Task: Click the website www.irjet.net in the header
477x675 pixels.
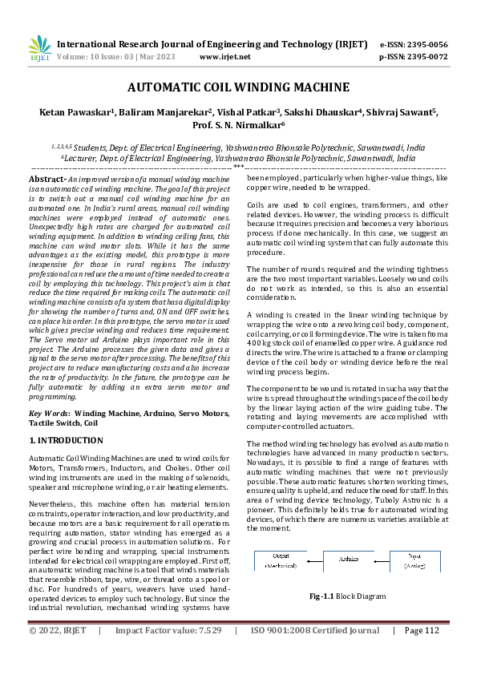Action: (x=224, y=57)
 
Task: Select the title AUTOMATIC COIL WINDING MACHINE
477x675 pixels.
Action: (x=238, y=87)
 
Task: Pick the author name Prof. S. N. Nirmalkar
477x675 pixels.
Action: (x=238, y=126)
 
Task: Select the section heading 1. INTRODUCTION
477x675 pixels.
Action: (x=66, y=440)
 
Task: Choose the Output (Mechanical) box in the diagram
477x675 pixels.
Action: (x=281, y=560)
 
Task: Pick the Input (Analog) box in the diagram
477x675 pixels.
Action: (x=415, y=560)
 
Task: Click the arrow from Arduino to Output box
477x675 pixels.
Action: (x=314, y=560)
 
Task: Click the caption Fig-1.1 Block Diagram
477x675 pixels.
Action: (x=348, y=597)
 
